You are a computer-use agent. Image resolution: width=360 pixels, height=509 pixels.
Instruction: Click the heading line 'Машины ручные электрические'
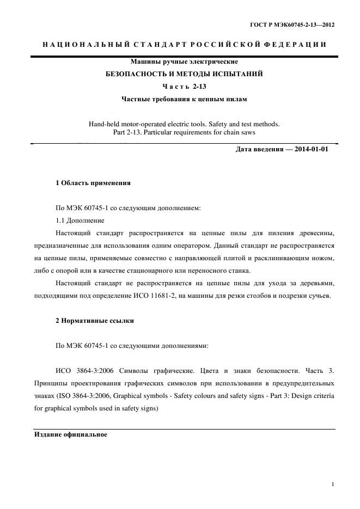tap(184, 62)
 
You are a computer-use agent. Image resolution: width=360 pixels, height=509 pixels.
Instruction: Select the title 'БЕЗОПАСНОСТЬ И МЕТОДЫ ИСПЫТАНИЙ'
tap(184, 73)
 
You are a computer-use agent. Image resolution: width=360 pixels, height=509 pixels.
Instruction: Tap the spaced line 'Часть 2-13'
tap(184, 87)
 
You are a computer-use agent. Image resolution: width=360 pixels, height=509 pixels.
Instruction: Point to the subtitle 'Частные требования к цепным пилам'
tap(184, 99)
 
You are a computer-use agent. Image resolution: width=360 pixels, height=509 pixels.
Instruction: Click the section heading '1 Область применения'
tap(93, 183)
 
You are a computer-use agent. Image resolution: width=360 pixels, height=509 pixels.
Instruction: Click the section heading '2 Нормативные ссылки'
tap(95, 321)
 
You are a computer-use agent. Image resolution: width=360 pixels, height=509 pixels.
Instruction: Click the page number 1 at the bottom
tap(333, 484)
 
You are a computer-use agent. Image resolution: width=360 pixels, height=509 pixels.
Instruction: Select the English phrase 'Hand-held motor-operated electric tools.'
tap(147, 124)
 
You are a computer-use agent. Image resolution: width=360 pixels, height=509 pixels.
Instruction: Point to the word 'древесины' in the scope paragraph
tap(314, 233)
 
